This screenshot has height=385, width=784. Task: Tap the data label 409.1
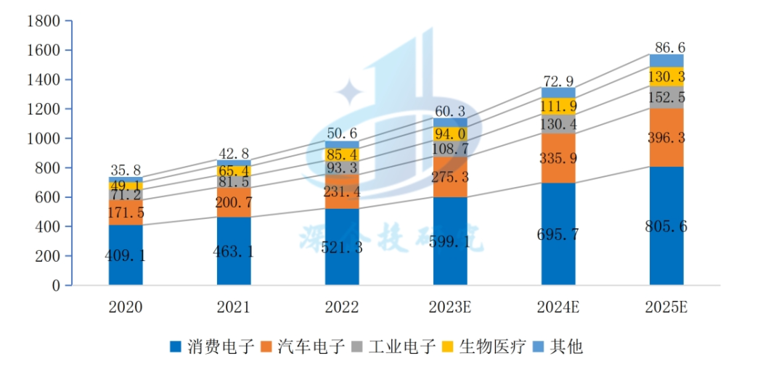pyautogui.click(x=126, y=255)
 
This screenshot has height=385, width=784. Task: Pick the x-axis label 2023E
pyautogui.click(x=450, y=307)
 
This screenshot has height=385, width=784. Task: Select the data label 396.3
pyautogui.click(x=666, y=138)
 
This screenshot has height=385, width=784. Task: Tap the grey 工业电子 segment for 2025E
pyautogui.click(x=666, y=97)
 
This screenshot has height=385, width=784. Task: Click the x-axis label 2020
pyautogui.click(x=126, y=307)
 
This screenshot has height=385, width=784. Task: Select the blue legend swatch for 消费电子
pyautogui.click(x=175, y=347)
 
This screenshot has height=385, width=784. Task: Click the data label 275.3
pyautogui.click(x=450, y=177)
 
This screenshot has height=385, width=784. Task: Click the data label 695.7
pyautogui.click(x=558, y=234)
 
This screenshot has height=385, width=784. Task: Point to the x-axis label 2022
pyautogui.click(x=342, y=307)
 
